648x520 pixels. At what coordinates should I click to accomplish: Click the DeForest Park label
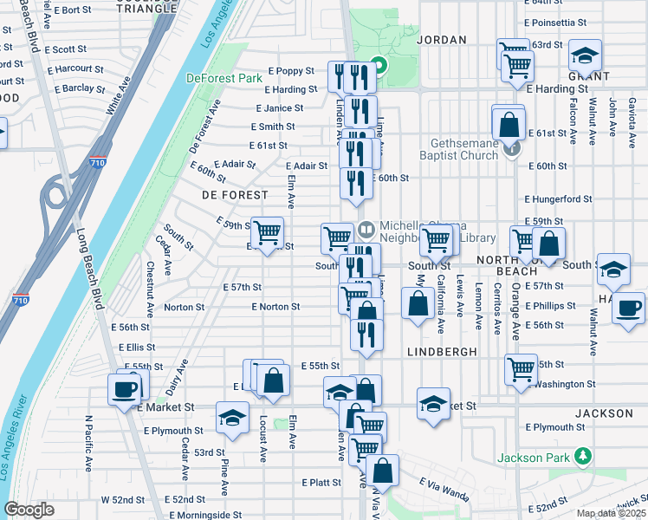click(224, 78)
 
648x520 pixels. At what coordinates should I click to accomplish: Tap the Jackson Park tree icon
click(585, 456)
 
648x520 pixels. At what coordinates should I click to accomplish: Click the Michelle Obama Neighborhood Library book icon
click(366, 229)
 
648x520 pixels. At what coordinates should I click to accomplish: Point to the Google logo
click(29, 510)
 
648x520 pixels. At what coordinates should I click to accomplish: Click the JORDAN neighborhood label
click(441, 40)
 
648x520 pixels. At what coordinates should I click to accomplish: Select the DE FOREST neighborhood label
click(235, 195)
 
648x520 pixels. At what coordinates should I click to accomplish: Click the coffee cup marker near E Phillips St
click(628, 308)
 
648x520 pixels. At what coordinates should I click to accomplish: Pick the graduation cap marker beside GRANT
click(586, 56)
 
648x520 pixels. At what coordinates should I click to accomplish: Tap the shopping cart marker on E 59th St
click(268, 231)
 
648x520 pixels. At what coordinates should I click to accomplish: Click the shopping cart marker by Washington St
click(521, 368)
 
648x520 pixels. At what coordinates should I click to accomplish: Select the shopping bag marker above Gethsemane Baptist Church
click(508, 121)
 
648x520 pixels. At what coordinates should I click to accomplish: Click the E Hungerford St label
click(559, 199)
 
